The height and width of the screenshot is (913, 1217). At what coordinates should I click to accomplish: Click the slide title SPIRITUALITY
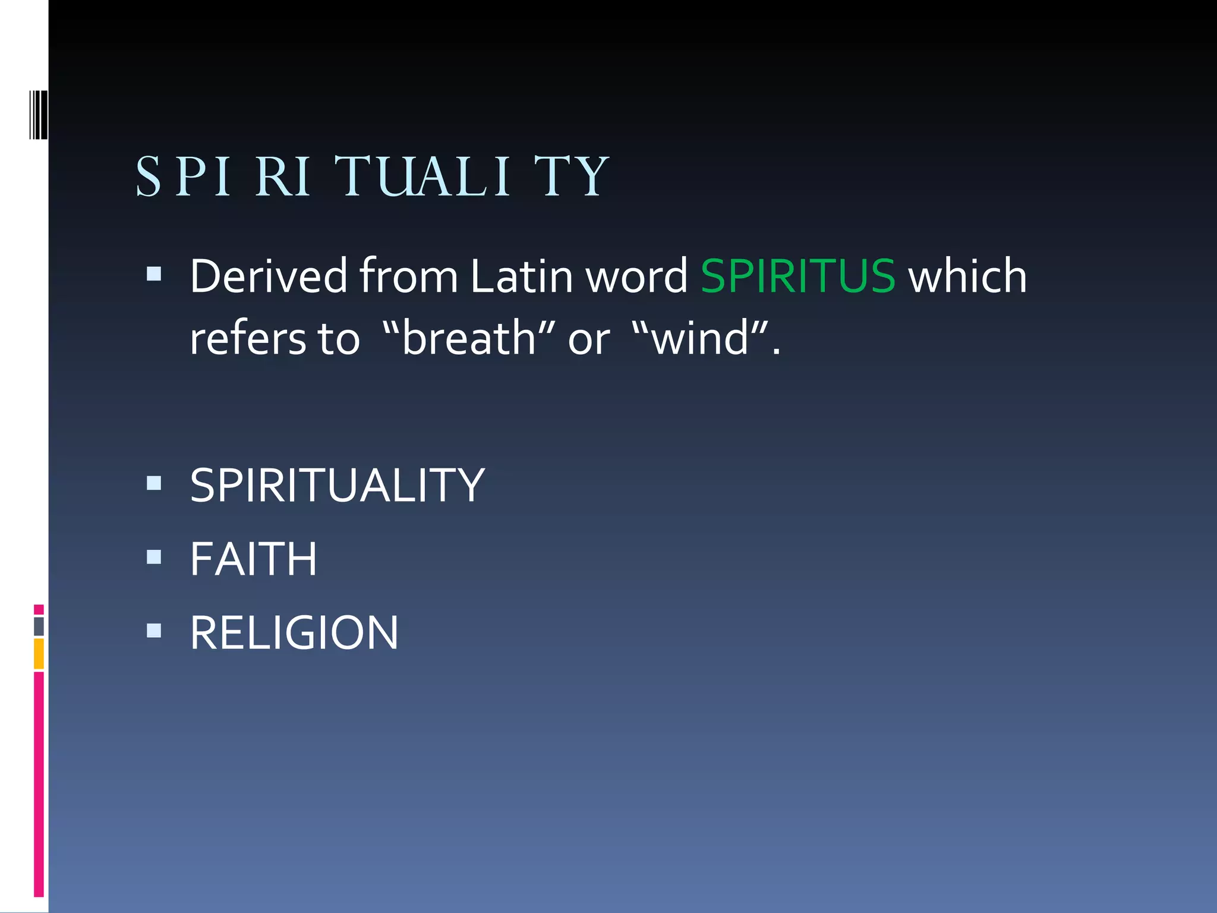point(372,177)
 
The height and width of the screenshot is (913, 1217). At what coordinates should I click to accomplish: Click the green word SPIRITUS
point(797,276)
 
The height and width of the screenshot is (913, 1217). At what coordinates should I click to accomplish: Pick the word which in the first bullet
point(967,276)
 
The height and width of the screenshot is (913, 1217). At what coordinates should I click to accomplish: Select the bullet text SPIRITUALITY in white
point(337,486)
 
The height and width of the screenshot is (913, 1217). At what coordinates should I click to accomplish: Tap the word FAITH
point(253,559)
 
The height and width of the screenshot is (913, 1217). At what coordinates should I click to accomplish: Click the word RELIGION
point(294,633)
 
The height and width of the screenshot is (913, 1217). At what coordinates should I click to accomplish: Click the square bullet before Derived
point(154,273)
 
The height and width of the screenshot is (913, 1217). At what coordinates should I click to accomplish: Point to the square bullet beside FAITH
point(154,556)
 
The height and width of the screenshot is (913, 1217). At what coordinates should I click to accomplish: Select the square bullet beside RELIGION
point(154,630)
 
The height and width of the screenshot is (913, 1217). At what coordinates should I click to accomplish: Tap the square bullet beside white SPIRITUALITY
point(154,483)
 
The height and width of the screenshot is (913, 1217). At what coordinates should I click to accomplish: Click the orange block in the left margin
point(39,653)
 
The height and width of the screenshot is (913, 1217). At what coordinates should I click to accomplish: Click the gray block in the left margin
point(39,626)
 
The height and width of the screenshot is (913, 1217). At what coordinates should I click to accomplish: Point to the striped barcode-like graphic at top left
point(38,115)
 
